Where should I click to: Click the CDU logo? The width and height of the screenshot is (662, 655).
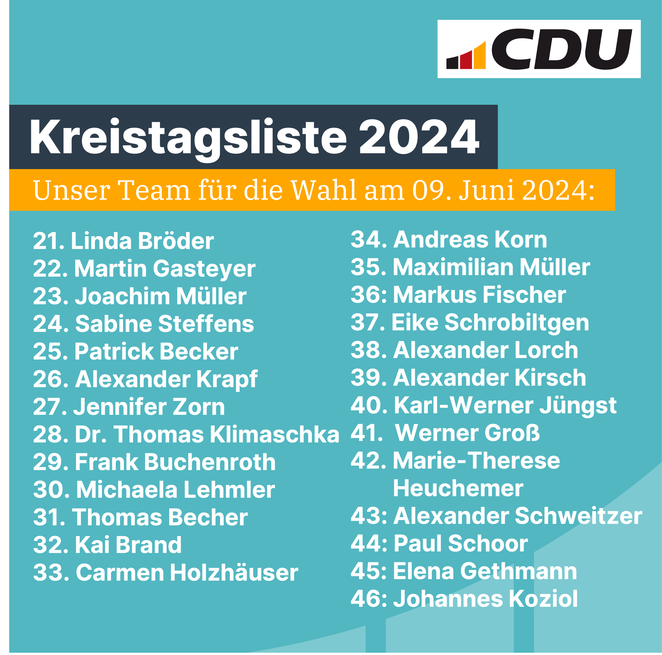(x=539, y=49)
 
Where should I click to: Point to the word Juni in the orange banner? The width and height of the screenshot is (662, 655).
(x=487, y=190)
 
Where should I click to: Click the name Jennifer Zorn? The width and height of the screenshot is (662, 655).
(x=149, y=407)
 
